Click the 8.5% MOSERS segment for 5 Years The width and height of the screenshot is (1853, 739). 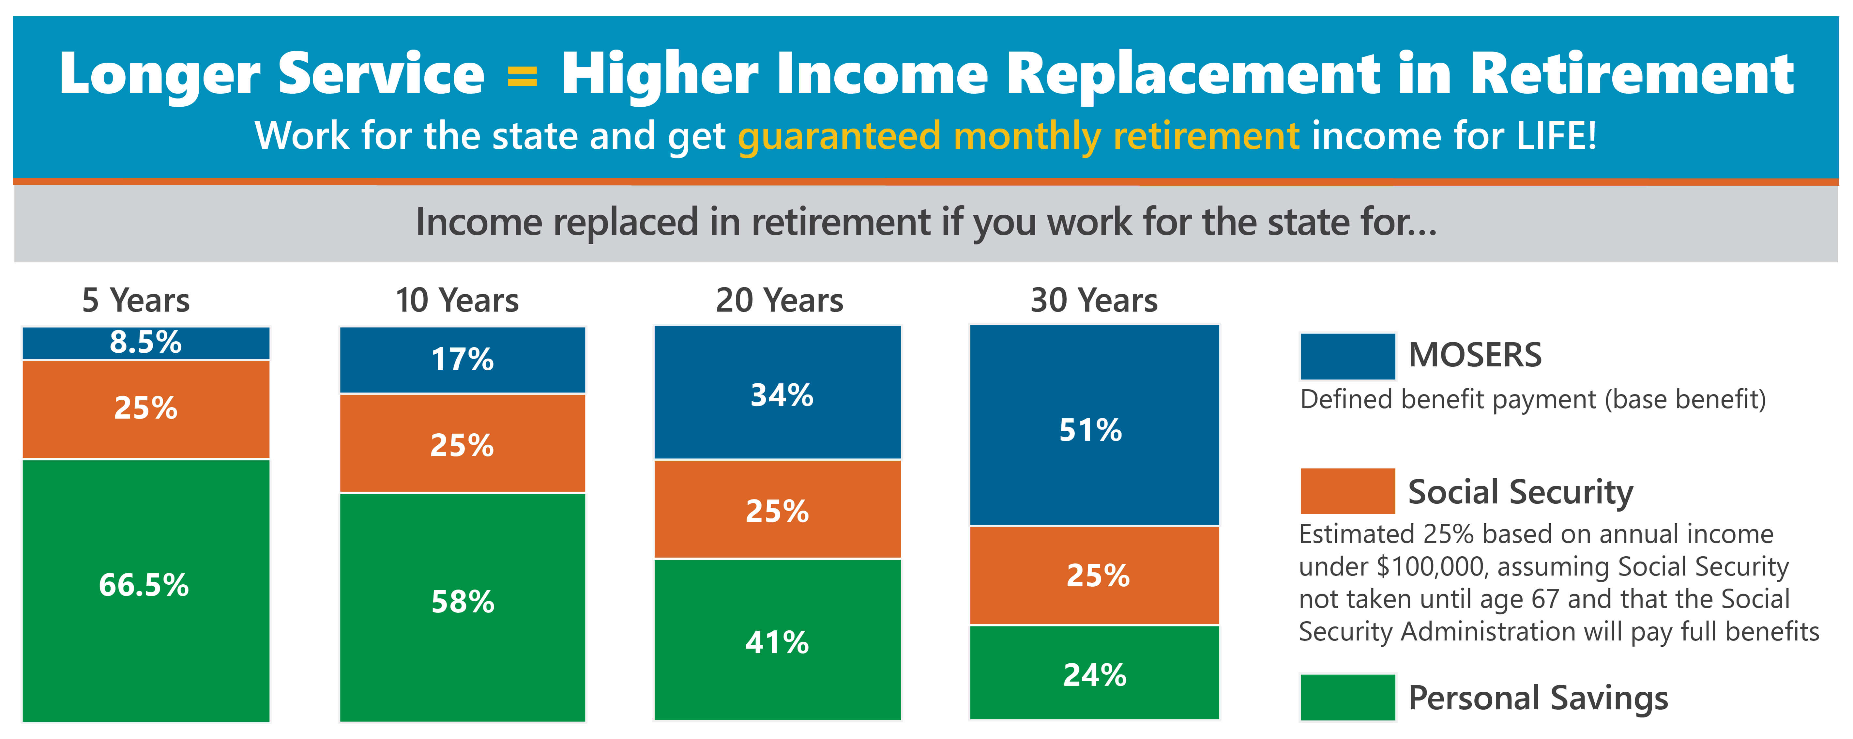coord(146,343)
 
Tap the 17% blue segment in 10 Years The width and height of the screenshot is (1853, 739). coord(463,360)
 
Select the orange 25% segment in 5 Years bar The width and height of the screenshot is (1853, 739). coord(146,409)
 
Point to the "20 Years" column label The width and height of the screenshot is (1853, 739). coord(779,300)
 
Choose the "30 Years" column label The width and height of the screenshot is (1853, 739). coord(1094,300)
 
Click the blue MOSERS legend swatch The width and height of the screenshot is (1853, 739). coord(1347,356)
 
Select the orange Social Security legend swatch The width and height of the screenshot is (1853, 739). coord(1347,491)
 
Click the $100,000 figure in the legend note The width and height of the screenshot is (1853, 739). coord(1432,567)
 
